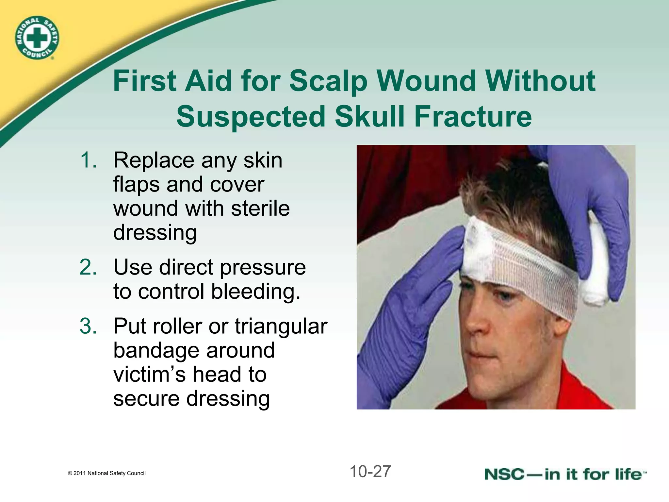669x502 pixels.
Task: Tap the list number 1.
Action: (88, 160)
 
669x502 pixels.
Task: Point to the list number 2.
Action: (88, 267)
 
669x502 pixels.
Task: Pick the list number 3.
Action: (88, 326)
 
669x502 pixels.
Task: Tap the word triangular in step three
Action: (281, 326)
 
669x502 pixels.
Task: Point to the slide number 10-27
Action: (370, 472)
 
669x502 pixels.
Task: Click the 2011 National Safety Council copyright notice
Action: (107, 473)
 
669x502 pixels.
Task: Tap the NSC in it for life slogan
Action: (565, 474)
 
